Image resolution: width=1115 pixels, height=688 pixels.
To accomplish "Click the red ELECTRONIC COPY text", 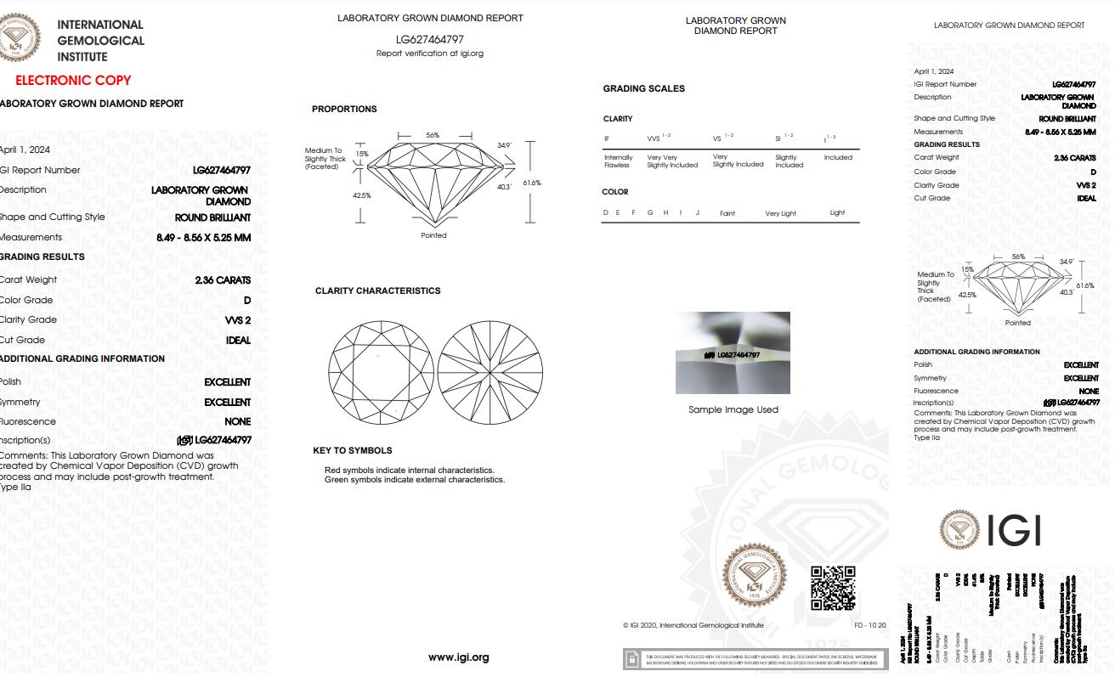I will click(x=73, y=81).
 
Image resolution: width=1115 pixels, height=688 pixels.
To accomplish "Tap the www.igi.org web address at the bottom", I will click(x=458, y=657).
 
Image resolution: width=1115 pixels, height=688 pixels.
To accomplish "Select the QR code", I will click(x=833, y=588).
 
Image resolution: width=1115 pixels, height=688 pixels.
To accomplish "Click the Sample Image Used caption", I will click(x=733, y=410).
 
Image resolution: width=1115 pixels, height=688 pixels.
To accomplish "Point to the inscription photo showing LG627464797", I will click(x=733, y=353).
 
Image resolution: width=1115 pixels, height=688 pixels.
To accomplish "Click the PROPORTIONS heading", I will click(x=344, y=110).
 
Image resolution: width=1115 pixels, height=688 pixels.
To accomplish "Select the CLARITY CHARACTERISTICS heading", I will click(x=377, y=291).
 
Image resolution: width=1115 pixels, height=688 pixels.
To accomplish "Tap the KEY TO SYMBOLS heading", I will click(x=353, y=451).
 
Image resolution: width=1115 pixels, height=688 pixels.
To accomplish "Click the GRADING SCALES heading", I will click(x=643, y=89).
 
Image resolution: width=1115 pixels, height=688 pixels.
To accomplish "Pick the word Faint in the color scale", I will click(x=727, y=214).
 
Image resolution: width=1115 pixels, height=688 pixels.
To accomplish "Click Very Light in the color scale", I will click(x=780, y=214).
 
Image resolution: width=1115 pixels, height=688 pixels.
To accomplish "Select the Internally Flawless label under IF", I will click(x=618, y=161).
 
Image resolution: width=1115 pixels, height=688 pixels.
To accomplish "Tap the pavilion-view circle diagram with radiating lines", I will click(x=490, y=373).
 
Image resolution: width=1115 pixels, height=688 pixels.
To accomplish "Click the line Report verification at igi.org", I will click(x=430, y=54).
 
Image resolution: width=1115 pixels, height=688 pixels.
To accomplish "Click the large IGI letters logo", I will click(x=1014, y=530).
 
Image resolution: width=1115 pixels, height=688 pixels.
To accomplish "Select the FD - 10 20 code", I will click(x=869, y=626).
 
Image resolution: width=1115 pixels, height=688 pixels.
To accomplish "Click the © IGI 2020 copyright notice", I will click(x=693, y=626).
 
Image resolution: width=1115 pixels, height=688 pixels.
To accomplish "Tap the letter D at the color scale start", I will click(x=606, y=213).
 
